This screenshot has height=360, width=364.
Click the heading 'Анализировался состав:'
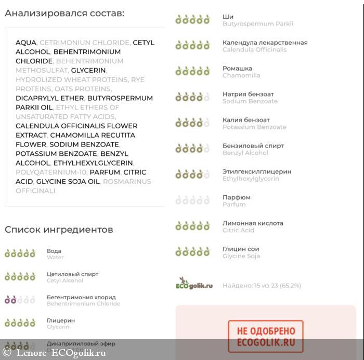[x=64, y=13]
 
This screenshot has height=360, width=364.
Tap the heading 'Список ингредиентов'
[x=59, y=230]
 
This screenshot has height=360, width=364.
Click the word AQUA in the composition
[x=26, y=43]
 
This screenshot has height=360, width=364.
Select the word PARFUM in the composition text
[x=105, y=172]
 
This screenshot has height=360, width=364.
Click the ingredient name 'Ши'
[x=228, y=17]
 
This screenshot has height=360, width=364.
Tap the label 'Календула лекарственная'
[x=265, y=43]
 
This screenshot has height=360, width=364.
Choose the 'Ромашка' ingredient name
[x=237, y=69]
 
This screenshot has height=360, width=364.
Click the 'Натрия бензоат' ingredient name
[x=248, y=94]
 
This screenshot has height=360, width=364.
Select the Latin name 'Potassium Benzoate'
[x=254, y=127]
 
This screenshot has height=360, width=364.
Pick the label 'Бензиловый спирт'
[x=253, y=146]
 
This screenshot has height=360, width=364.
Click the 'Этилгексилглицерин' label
[x=257, y=171]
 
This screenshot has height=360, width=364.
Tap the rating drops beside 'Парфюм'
[x=192, y=201]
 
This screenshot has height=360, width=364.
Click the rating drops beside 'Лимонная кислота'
[x=192, y=226]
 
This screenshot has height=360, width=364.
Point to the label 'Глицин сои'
[x=241, y=249]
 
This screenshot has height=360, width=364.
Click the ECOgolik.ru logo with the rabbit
[x=194, y=284]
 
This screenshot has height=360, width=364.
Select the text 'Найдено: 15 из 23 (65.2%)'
[x=262, y=286]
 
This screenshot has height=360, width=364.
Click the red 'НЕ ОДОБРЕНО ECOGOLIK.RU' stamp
[x=265, y=337]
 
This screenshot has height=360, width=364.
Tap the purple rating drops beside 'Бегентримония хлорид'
[x=20, y=300]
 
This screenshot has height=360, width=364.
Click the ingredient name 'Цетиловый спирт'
[x=72, y=274]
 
